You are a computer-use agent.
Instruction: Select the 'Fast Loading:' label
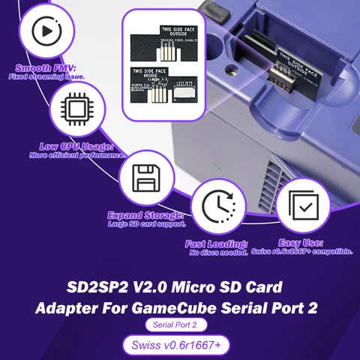click(216, 244)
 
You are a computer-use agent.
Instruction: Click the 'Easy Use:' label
click(301, 243)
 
